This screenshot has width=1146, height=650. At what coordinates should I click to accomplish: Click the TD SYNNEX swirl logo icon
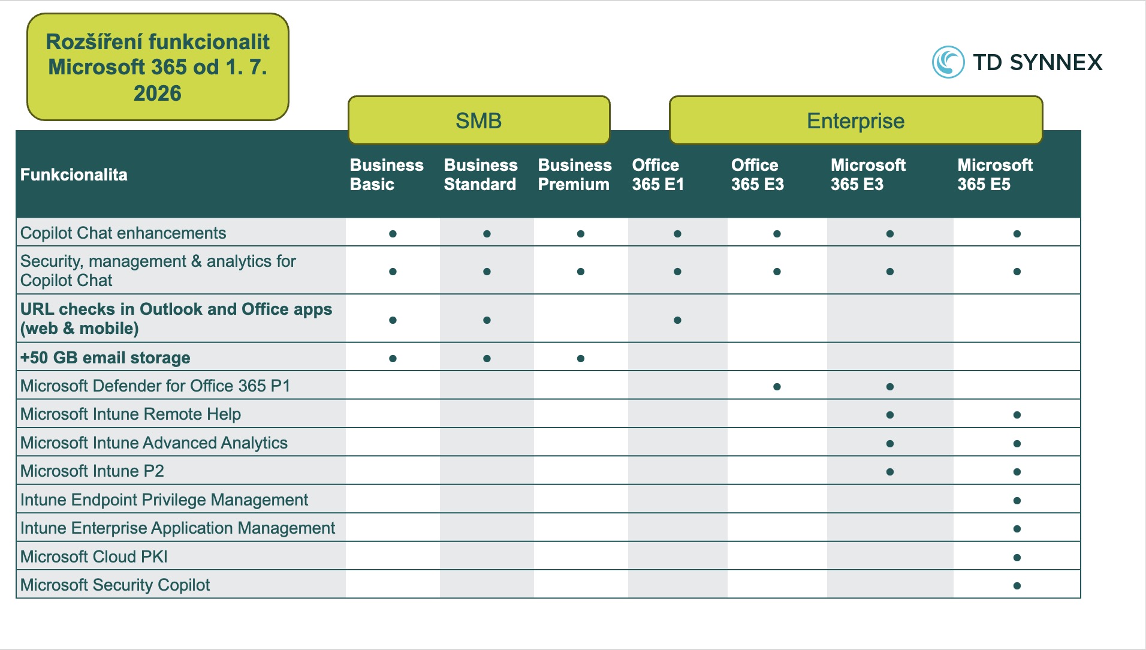point(948,62)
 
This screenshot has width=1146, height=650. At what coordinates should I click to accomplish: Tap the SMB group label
point(478,121)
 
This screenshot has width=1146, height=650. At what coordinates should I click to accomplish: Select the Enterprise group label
point(855,121)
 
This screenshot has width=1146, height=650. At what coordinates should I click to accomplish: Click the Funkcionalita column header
point(74,174)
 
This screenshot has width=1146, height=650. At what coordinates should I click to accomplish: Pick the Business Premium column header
point(574,174)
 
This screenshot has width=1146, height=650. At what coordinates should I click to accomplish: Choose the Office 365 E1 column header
point(658,174)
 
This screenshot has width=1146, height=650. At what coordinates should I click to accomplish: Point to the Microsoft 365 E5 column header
point(995,174)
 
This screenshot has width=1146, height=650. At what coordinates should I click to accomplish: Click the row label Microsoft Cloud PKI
point(94,556)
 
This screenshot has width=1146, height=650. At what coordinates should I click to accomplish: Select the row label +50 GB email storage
point(105,357)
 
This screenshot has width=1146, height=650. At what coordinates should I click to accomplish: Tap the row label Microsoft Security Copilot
point(115,585)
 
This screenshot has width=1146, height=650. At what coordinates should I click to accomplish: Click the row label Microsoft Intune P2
point(92,471)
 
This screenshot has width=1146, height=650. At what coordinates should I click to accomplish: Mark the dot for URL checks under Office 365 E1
point(677,320)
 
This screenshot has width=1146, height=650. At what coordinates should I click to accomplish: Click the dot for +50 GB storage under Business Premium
point(580,359)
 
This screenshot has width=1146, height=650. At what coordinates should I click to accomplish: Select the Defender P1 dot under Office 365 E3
point(777,387)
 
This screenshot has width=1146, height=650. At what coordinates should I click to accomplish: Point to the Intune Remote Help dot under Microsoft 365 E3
point(889,415)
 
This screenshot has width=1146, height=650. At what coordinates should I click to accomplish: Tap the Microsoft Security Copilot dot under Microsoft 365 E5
point(1017,586)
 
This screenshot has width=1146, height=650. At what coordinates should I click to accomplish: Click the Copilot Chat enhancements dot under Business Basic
point(393,234)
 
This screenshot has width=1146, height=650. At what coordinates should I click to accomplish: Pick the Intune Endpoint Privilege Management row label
point(164,499)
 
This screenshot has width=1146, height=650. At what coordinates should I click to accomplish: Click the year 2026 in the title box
point(158,93)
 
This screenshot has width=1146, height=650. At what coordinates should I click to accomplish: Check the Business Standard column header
point(481,174)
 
